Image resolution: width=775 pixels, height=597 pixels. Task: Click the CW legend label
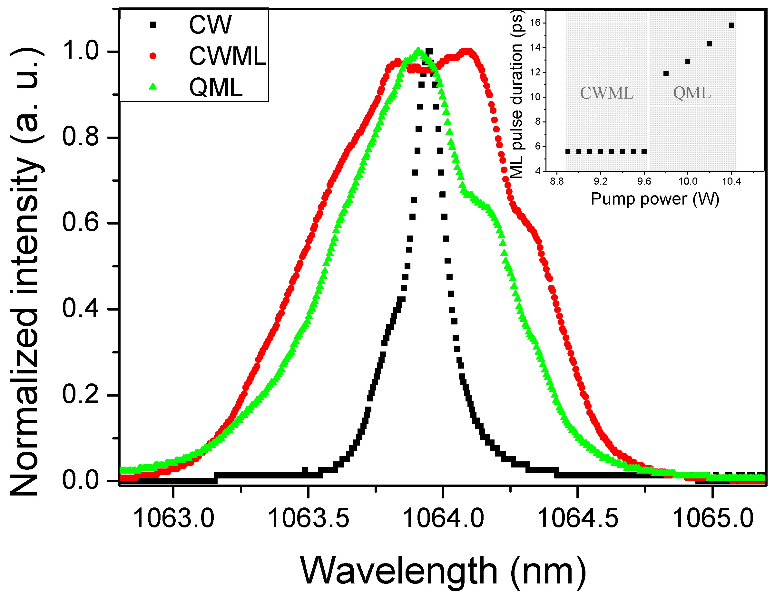click(x=210, y=25)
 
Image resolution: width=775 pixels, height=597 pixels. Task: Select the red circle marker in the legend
click(x=153, y=56)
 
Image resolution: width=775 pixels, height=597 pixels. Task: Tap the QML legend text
click(x=216, y=88)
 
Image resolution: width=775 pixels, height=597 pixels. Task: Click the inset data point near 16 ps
click(x=731, y=25)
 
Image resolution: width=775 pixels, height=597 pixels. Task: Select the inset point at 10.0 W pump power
click(x=688, y=61)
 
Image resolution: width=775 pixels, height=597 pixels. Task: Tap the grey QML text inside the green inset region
click(x=692, y=93)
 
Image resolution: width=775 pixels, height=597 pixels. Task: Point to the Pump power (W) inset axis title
click(x=655, y=199)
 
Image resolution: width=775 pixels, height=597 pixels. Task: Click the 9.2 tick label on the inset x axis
click(x=600, y=182)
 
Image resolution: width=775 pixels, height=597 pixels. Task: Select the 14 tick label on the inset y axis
click(x=535, y=48)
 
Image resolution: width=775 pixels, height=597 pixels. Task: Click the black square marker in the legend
click(x=153, y=25)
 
